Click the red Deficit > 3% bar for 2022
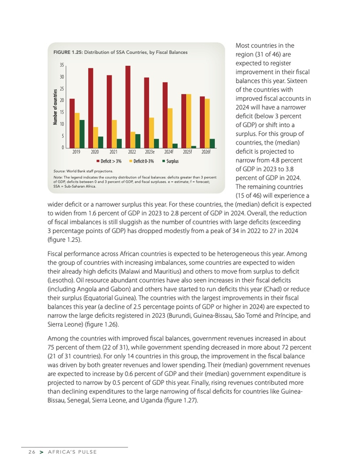pyautogui.click(x=128, y=107)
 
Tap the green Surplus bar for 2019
pyautogui.click(x=82, y=134)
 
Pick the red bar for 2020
pyautogui.click(x=91, y=108)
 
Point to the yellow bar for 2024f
pyautogui.click(x=170, y=128)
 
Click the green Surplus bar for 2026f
pyautogui.click(x=212, y=144)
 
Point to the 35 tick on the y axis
pyautogui.click(x=62, y=65)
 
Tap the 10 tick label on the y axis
pyautogui.click(x=62, y=124)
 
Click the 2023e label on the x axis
pyautogui.click(x=150, y=153)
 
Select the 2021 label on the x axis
pyautogui.click(x=114, y=153)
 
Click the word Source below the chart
pyautogui.click(x=61, y=170)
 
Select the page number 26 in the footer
pyautogui.click(x=31, y=452)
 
